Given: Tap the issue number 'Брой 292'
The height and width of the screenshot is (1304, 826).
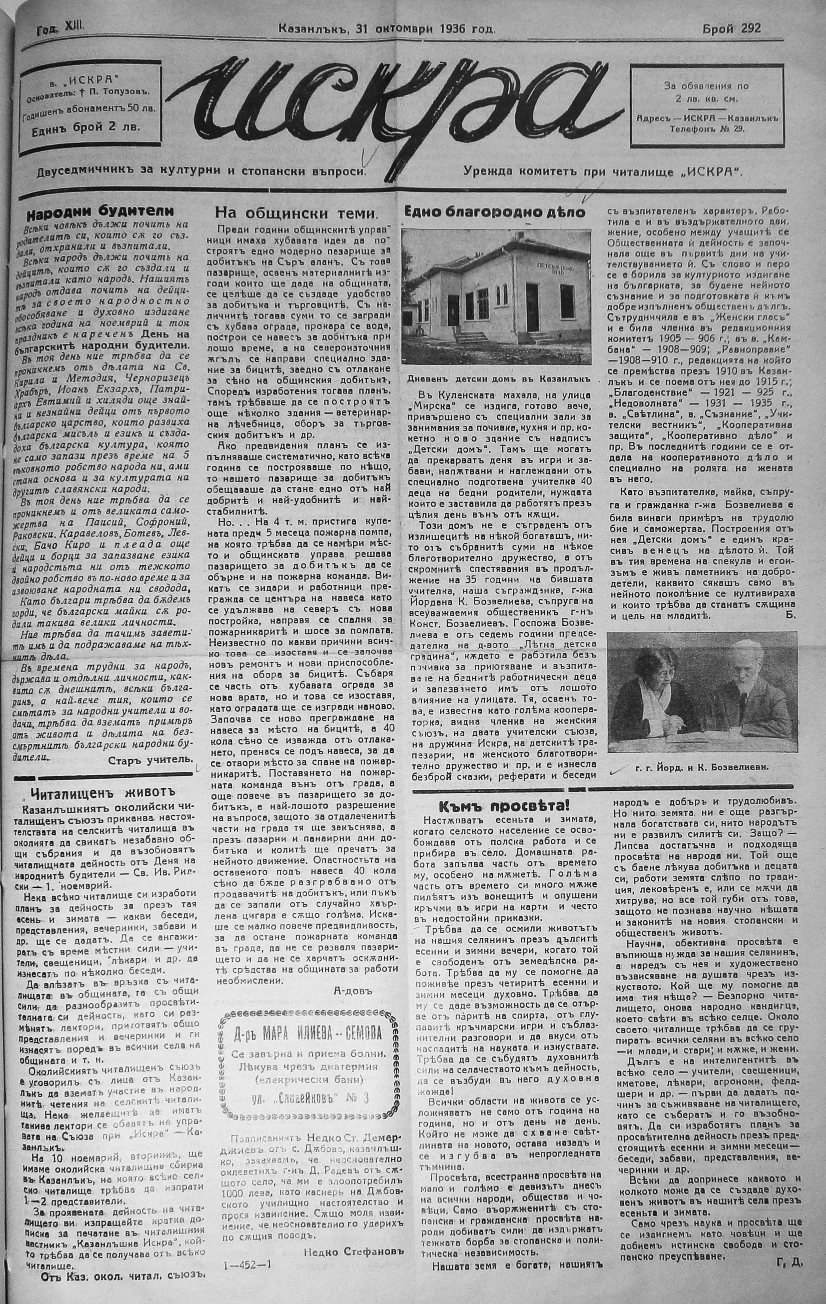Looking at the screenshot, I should tap(732, 29).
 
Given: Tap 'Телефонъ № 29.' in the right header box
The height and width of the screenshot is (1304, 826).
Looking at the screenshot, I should tap(707, 128).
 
